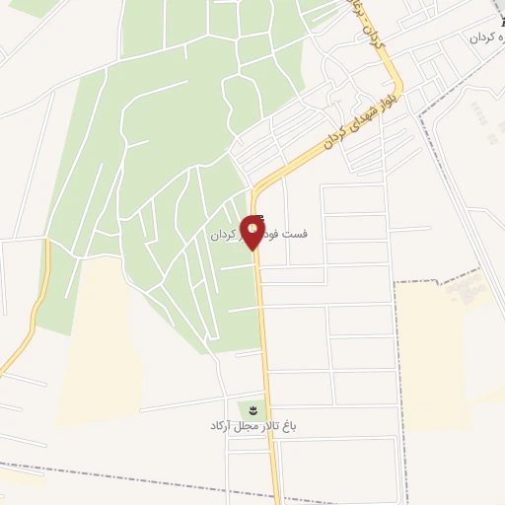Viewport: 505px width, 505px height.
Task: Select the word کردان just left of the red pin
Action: pyautogui.click(x=224, y=237)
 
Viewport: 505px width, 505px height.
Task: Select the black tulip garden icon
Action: pyautogui.click(x=252, y=409)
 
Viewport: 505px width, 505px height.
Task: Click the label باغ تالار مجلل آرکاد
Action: pyautogui.click(x=252, y=426)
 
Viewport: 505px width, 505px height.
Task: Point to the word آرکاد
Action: pyautogui.click(x=220, y=426)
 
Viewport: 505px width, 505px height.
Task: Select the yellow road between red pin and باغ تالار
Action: pyautogui.click(x=263, y=325)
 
